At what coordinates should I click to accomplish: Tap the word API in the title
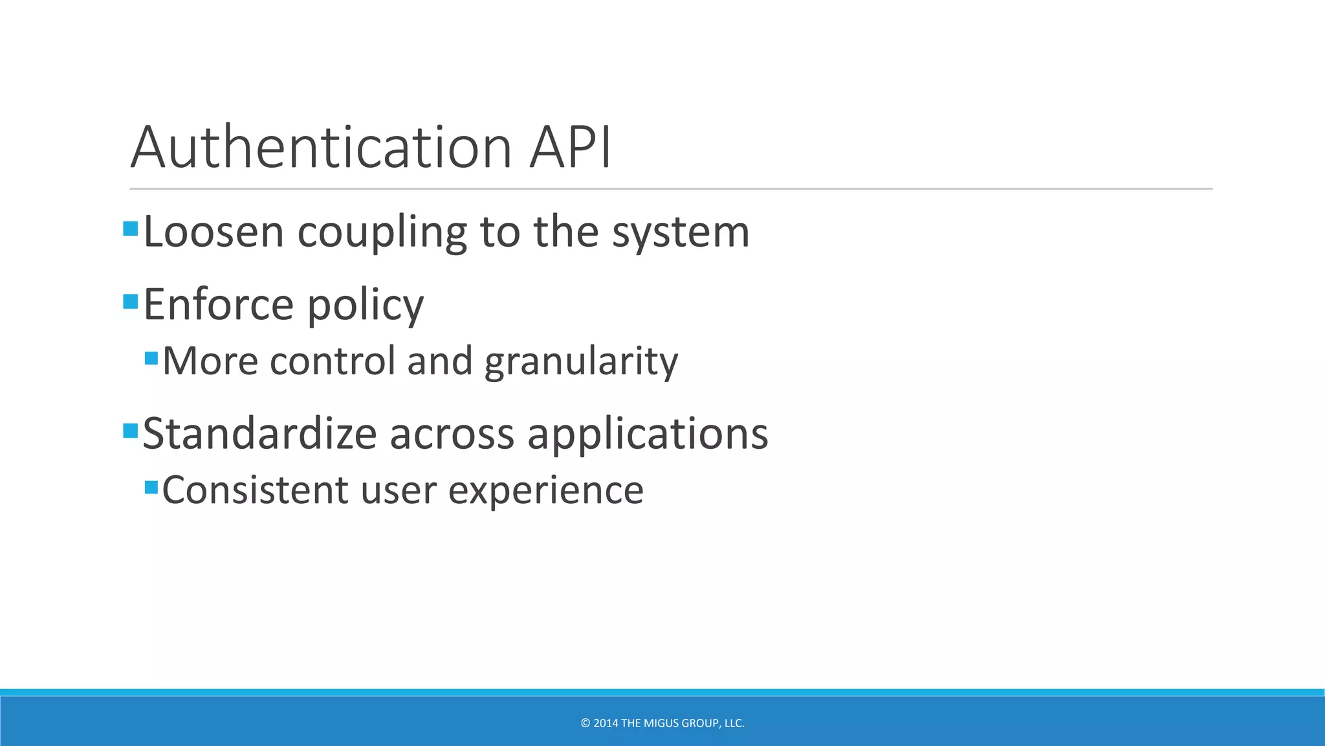click(570, 148)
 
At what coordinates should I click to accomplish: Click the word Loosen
click(214, 232)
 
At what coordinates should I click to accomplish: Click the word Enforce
click(218, 304)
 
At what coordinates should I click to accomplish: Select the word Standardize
click(259, 433)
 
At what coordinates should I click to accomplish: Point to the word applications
click(648, 435)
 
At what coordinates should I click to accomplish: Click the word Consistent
click(255, 490)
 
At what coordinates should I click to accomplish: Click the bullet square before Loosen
click(131, 229)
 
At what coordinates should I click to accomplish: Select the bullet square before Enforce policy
click(131, 301)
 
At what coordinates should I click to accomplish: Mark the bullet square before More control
click(151, 358)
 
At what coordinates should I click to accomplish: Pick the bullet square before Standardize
click(131, 430)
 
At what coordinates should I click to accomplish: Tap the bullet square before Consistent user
click(151, 487)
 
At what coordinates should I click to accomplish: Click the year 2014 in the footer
click(606, 723)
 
